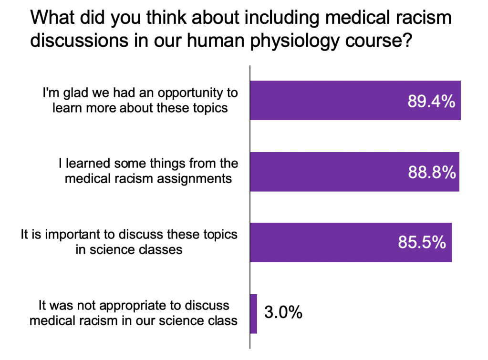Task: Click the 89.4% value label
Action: coord(431,101)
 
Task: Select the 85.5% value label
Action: coord(422,243)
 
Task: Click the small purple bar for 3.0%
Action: coord(253,314)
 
